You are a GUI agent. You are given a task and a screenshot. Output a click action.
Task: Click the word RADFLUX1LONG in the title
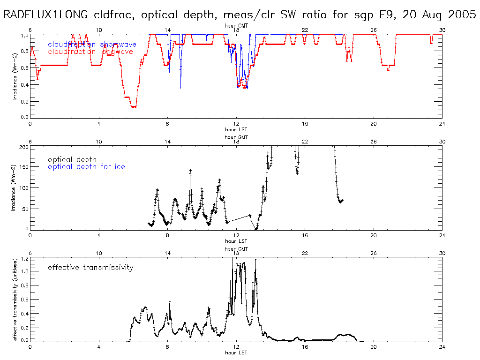(45, 15)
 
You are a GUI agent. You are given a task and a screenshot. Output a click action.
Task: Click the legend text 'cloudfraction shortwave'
(92, 45)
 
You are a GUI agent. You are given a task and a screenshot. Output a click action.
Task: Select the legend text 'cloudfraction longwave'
(90, 52)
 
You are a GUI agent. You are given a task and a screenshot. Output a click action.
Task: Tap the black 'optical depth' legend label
(73, 160)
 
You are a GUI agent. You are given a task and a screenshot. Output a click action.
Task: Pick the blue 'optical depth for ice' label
(87, 167)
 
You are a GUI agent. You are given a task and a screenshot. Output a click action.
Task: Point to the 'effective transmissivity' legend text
(90, 268)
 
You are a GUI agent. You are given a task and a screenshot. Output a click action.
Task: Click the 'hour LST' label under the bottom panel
(236, 352)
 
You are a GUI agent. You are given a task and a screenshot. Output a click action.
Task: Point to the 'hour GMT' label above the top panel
(236, 26)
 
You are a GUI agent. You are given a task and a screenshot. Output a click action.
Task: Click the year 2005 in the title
(461, 15)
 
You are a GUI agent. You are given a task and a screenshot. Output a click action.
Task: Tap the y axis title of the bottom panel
(15, 299)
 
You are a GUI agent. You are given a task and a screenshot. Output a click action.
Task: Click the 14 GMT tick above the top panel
(167, 30)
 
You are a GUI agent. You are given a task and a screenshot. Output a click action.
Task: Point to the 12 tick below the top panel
(236, 124)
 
